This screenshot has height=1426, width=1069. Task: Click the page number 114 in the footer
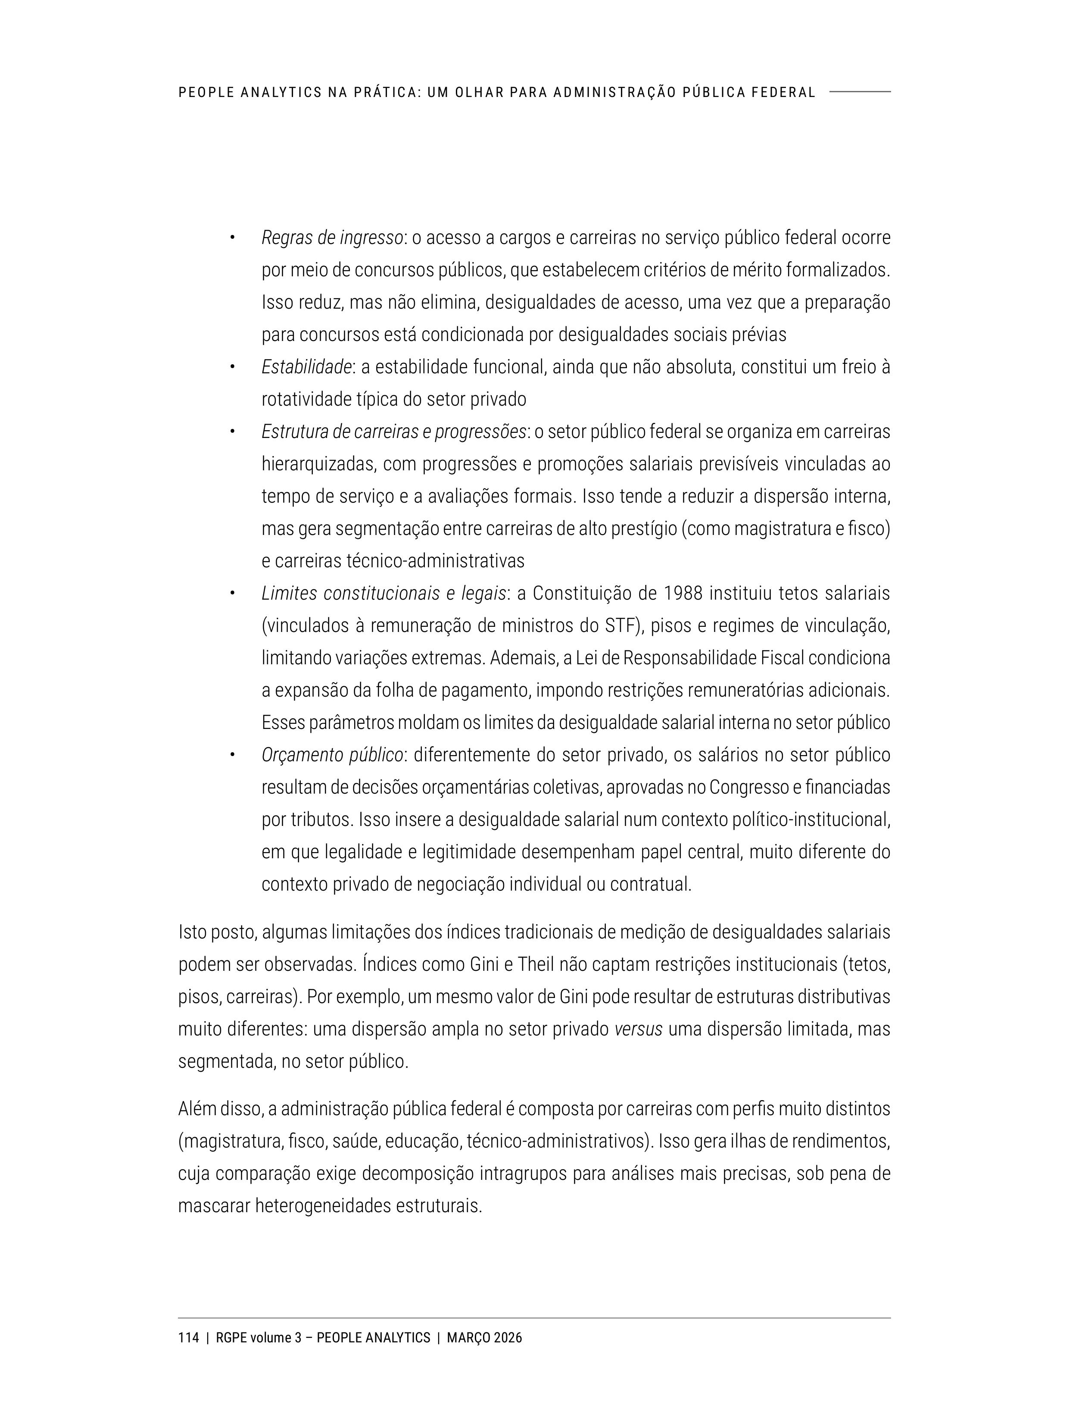188,1338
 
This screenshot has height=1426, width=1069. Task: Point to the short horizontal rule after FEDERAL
860,91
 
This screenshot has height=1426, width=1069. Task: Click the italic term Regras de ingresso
332,238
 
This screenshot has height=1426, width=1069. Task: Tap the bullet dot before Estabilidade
231,367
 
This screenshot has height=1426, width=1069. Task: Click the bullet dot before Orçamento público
231,755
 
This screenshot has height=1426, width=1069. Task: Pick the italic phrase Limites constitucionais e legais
383,593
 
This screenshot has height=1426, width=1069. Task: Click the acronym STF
619,625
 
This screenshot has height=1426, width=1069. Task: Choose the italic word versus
638,1029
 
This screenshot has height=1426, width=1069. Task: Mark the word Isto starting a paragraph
192,932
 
